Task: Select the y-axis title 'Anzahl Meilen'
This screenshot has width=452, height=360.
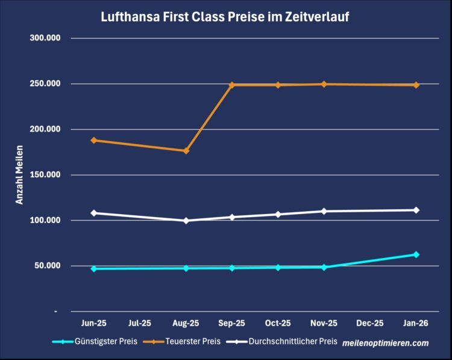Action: pos(19,175)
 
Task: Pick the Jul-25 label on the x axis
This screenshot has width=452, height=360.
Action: pos(140,323)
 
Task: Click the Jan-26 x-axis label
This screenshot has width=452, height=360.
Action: pos(416,323)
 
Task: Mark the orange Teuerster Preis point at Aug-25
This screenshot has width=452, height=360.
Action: pos(186,151)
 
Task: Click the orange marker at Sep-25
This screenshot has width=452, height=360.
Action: pos(232,85)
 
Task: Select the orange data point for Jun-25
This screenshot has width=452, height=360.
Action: pos(93,141)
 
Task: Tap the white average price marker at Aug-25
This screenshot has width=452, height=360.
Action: pos(186,221)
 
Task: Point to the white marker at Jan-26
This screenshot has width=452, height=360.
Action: pos(416,210)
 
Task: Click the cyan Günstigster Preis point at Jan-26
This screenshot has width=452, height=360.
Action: pos(416,254)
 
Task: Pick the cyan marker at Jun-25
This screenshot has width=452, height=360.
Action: pos(93,268)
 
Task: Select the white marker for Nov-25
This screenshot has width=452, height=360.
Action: pos(324,211)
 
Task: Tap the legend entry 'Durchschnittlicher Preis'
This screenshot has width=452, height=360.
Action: pos(288,341)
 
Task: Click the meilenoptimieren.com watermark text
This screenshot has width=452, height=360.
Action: pos(385,343)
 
